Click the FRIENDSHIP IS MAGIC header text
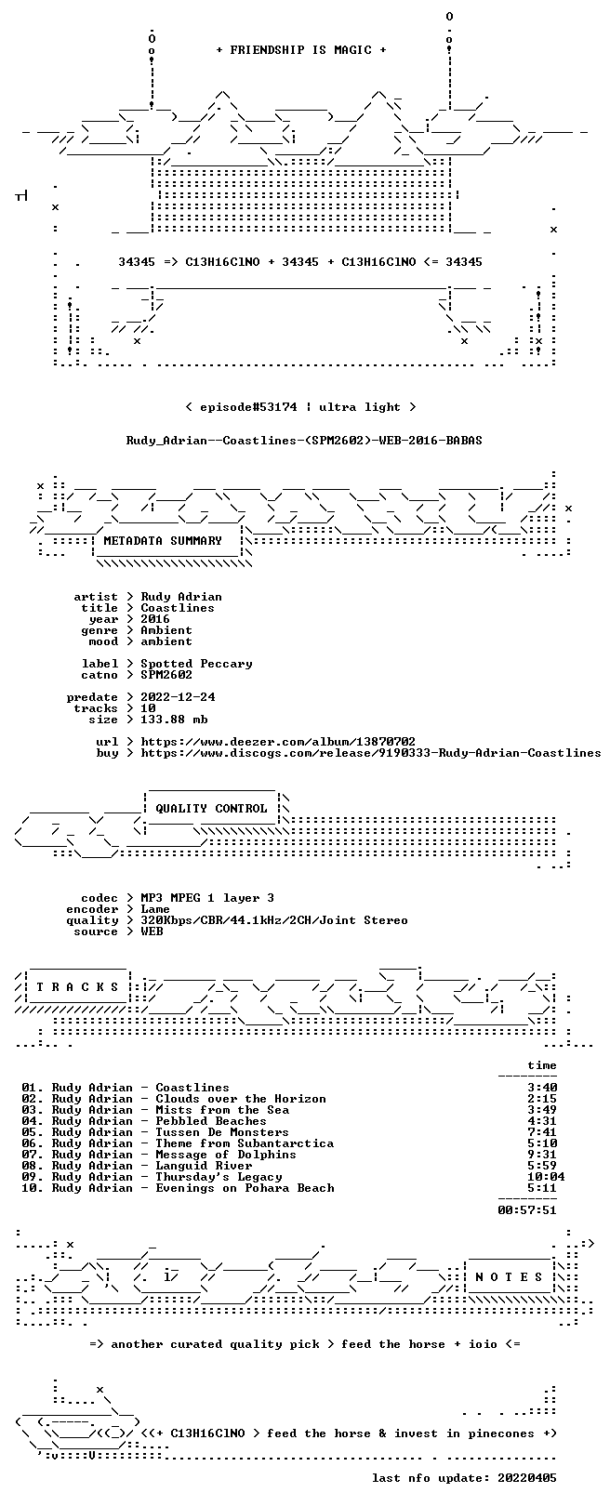(x=300, y=50)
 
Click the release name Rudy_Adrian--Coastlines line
(x=304, y=441)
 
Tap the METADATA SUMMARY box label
(x=163, y=540)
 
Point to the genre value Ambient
(x=166, y=630)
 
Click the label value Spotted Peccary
(x=196, y=664)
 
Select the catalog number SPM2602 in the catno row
(x=166, y=674)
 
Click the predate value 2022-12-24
(x=178, y=696)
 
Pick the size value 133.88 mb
(x=174, y=720)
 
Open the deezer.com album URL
(x=278, y=742)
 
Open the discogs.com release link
(x=371, y=753)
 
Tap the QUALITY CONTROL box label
(x=211, y=808)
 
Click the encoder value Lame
(x=155, y=909)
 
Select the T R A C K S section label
(x=77, y=987)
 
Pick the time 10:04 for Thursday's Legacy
(x=546, y=1177)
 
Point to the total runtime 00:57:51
(x=527, y=1210)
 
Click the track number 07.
(x=33, y=1155)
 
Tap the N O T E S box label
(x=509, y=1276)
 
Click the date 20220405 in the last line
(x=527, y=1478)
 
